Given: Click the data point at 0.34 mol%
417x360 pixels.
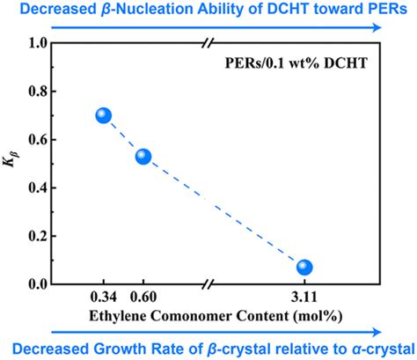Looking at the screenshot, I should [104, 115].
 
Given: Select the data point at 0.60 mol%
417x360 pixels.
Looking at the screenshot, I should [143, 157].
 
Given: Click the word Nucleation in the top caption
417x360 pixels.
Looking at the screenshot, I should [165, 9].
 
